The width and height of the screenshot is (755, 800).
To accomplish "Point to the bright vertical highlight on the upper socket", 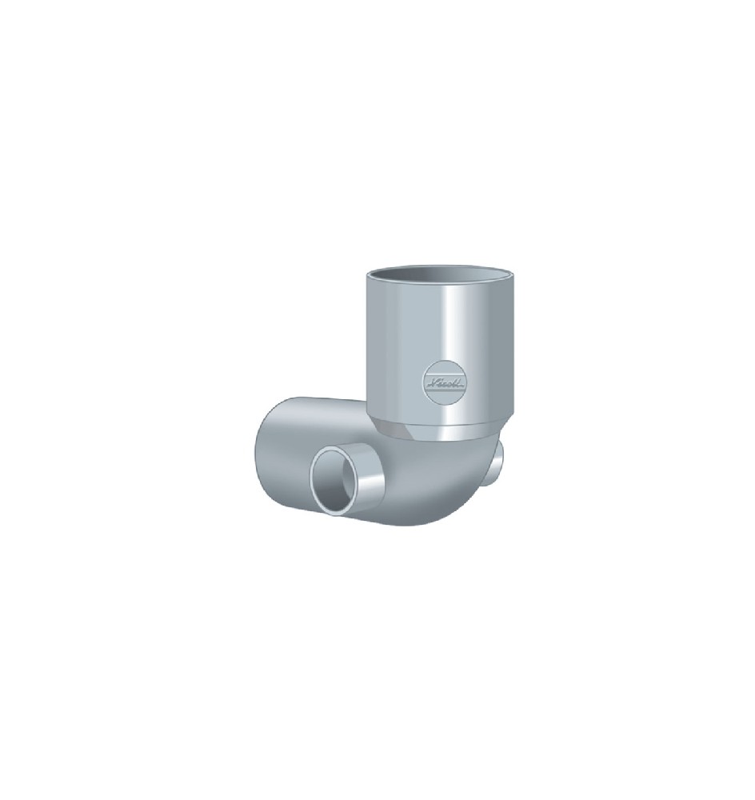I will click(462, 344).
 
